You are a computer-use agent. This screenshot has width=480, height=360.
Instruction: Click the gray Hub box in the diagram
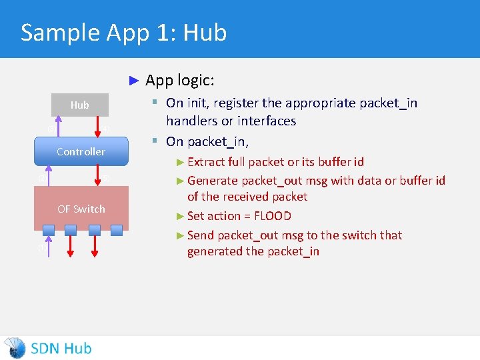coord(80,105)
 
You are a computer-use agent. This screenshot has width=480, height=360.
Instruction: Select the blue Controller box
coord(81,151)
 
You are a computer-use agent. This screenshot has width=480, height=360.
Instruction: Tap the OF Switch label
coord(81,209)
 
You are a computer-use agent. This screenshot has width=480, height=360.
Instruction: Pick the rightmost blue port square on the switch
coord(117,230)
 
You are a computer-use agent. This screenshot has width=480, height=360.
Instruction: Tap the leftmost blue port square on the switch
coord(48,230)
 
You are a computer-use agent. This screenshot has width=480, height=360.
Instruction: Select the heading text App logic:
coord(180,81)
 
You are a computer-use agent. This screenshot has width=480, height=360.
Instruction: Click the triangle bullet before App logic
coord(133,81)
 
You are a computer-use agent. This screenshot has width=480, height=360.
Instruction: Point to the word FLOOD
coord(273,216)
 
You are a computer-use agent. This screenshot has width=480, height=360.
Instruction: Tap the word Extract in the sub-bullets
coord(207,161)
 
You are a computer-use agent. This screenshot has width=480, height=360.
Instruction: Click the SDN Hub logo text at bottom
coord(61,348)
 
